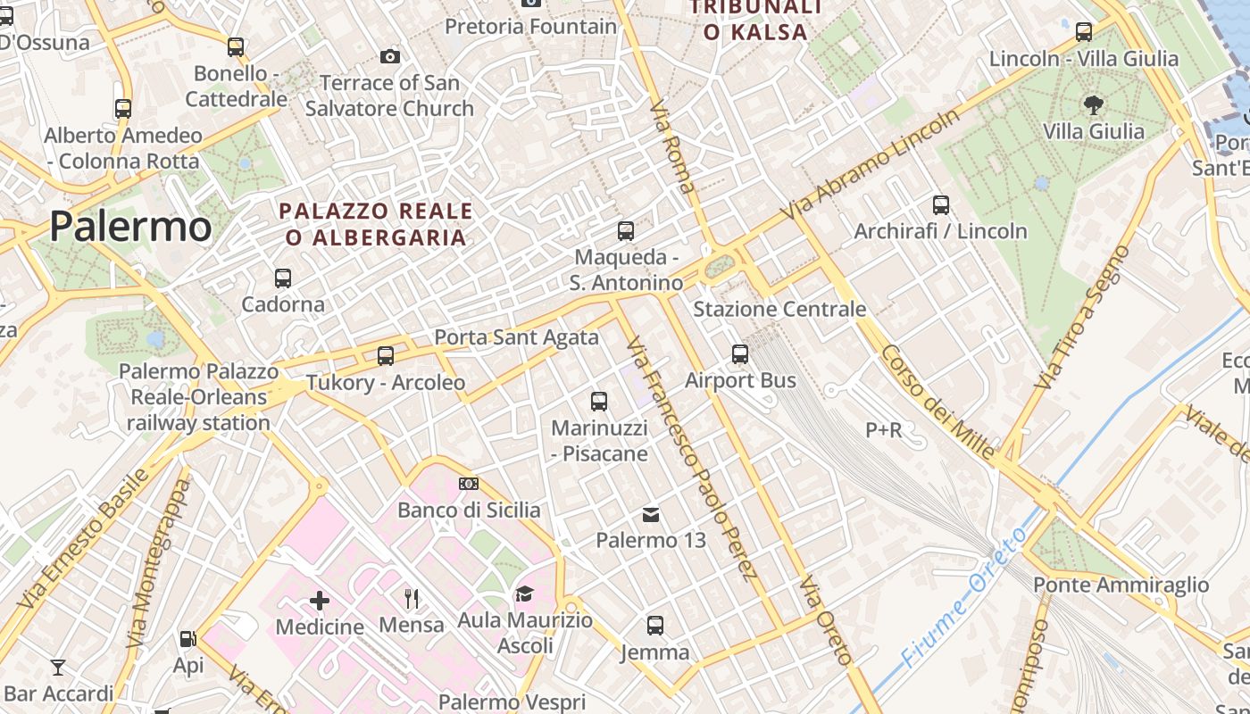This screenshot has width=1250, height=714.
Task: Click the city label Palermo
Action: (x=130, y=226)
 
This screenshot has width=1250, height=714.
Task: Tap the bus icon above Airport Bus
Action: (x=740, y=354)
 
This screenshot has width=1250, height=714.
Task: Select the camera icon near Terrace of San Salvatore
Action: (x=390, y=57)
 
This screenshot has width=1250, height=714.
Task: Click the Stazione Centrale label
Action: (x=779, y=309)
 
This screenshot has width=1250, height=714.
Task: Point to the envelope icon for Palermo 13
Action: (x=651, y=514)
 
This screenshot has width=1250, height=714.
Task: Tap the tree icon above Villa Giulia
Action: (x=1093, y=105)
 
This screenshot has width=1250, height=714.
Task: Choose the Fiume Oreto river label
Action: (x=964, y=597)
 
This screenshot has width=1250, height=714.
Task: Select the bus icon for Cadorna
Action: (x=283, y=278)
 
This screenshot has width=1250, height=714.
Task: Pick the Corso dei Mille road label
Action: (x=937, y=403)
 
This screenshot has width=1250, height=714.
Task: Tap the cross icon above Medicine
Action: (x=319, y=601)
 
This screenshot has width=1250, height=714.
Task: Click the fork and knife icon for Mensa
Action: (x=411, y=598)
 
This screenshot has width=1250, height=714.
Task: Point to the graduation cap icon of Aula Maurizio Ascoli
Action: (x=524, y=594)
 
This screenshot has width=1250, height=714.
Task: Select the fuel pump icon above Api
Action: (x=187, y=639)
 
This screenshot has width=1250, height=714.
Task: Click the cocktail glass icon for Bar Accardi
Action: (x=58, y=667)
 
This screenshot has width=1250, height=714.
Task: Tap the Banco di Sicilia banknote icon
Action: (x=469, y=484)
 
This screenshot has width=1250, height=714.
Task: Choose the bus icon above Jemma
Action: (x=655, y=626)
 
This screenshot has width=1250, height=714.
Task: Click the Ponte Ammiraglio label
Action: (x=1121, y=585)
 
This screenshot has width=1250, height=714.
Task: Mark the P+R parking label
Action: (x=884, y=430)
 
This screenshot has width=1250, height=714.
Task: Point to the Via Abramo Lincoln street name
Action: (x=871, y=164)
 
